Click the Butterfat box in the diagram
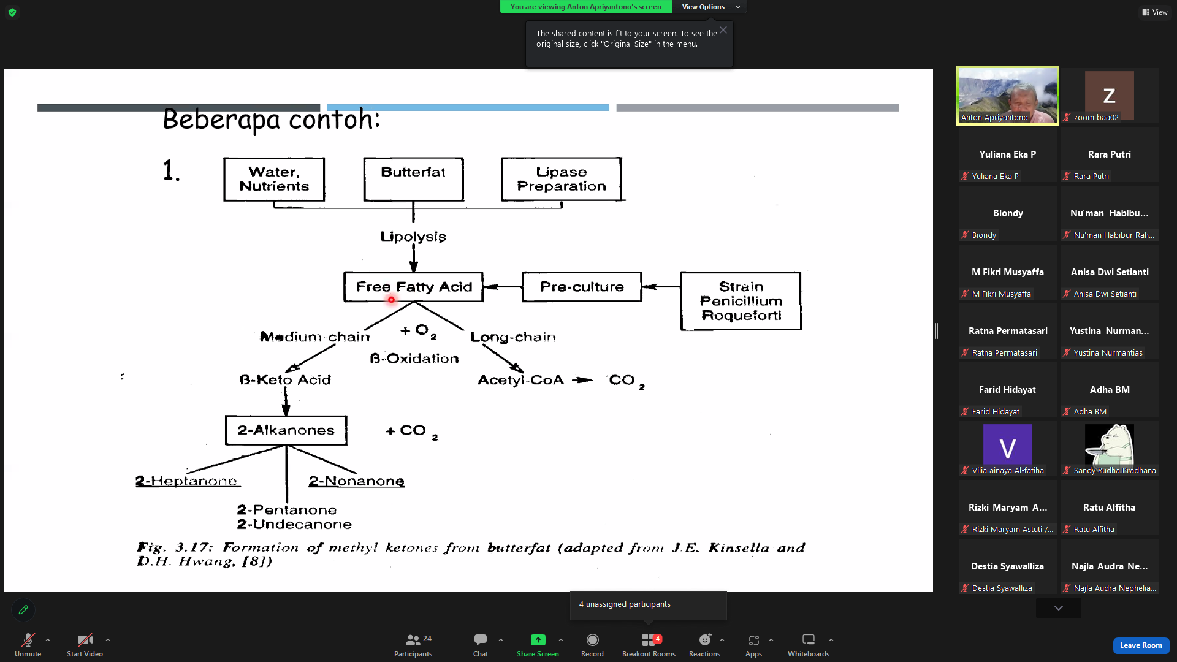(413, 179)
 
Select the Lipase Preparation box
(562, 179)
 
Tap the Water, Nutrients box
(274, 179)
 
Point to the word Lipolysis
(413, 237)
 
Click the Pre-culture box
(582, 287)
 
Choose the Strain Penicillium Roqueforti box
(741, 301)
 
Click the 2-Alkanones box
(286, 430)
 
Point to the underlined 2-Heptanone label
(187, 481)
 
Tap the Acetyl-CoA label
(520, 380)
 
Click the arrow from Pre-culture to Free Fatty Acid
(503, 287)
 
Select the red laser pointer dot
(391, 300)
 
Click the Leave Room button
(1141, 645)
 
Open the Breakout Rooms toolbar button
(649, 645)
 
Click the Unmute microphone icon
(28, 641)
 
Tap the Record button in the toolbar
(592, 645)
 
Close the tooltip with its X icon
(723, 30)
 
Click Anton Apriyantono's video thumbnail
(1008, 96)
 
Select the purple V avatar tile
(1008, 444)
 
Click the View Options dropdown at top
(710, 7)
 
